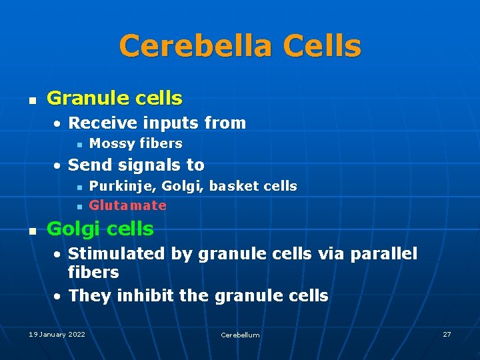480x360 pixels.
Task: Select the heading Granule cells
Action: (114, 99)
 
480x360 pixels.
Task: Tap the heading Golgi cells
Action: (100, 229)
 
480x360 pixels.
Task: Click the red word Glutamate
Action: (127, 205)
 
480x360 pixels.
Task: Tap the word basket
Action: (232, 186)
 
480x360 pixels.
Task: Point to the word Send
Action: (87, 165)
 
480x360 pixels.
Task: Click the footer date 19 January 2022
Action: (57, 334)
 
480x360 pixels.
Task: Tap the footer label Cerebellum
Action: (240, 335)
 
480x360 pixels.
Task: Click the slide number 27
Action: (447, 334)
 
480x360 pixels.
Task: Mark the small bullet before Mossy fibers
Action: (79, 144)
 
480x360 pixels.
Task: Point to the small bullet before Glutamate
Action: (79, 206)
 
